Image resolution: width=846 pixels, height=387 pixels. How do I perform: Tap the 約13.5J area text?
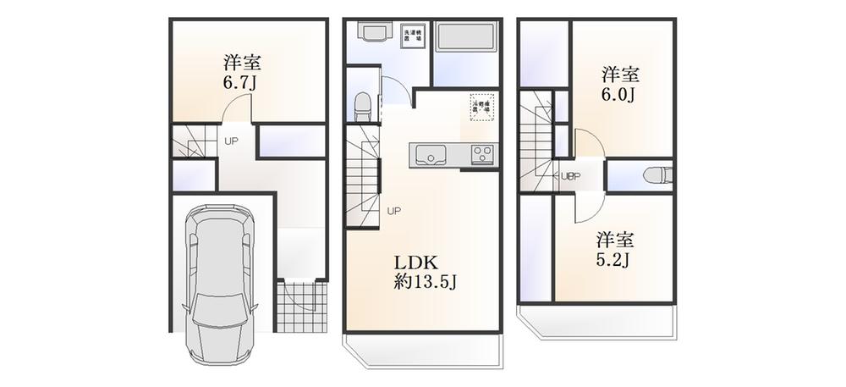426,282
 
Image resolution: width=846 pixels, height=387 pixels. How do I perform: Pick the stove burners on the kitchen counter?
481,155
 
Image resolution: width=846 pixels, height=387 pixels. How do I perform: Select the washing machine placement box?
413,36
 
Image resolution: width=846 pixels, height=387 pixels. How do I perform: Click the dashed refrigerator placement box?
481,106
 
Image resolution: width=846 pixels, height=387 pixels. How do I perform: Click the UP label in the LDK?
394,211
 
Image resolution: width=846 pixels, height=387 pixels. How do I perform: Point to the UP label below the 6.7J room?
230,141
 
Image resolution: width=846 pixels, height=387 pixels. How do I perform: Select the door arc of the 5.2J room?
589,205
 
